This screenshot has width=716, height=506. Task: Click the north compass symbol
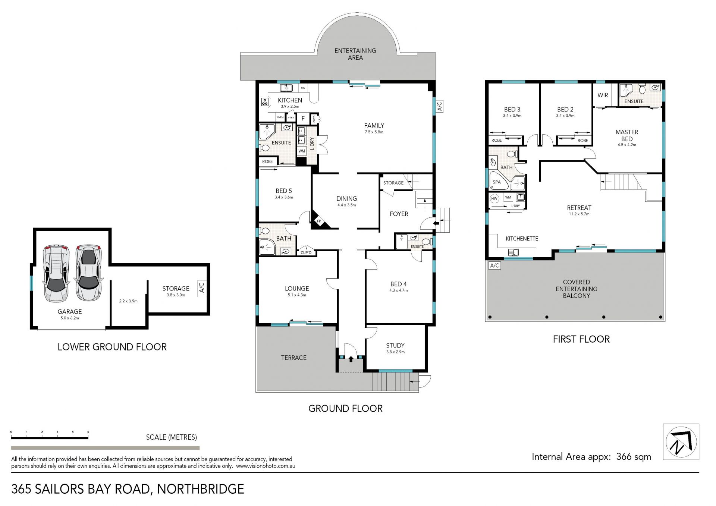click(681, 442)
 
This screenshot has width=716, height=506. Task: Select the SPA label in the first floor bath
click(497, 182)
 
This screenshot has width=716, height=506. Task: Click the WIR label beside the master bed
click(603, 95)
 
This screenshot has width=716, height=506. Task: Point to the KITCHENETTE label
click(522, 239)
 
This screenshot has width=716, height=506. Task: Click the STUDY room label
click(395, 345)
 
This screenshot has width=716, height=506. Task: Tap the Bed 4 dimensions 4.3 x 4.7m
click(398, 290)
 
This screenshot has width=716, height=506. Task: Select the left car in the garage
click(56, 273)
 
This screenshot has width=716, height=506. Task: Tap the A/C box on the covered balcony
click(494, 265)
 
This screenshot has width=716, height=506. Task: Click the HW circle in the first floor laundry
click(494, 198)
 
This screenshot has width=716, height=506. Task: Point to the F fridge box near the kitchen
click(303, 119)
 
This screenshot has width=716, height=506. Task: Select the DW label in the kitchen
click(303, 88)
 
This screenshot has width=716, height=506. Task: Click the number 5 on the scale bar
click(88, 432)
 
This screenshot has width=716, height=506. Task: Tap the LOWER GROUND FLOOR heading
click(112, 347)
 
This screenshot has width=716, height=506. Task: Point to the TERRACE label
click(293, 358)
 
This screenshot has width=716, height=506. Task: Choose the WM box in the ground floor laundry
click(302, 151)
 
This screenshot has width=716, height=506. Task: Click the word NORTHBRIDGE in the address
click(201, 489)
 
